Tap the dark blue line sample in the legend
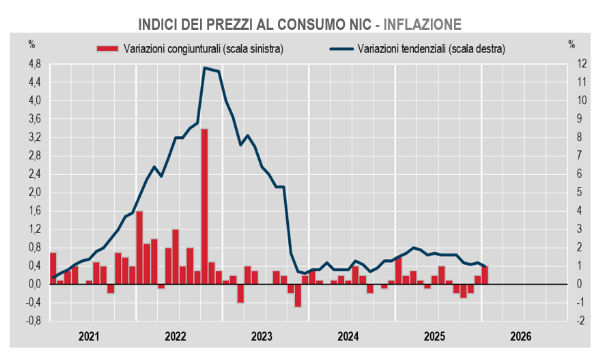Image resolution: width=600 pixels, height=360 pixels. pos(341,48)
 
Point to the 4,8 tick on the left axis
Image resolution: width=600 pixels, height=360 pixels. pos(34,63)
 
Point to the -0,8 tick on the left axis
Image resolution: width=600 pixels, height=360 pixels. pos(32,320)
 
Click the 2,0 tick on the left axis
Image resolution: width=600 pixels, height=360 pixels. pos(34,192)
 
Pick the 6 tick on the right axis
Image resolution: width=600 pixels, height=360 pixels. pos(568,173)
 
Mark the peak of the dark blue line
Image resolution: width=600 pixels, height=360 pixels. pos(205,68)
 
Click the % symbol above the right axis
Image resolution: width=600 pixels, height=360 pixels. pos(571,44)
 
